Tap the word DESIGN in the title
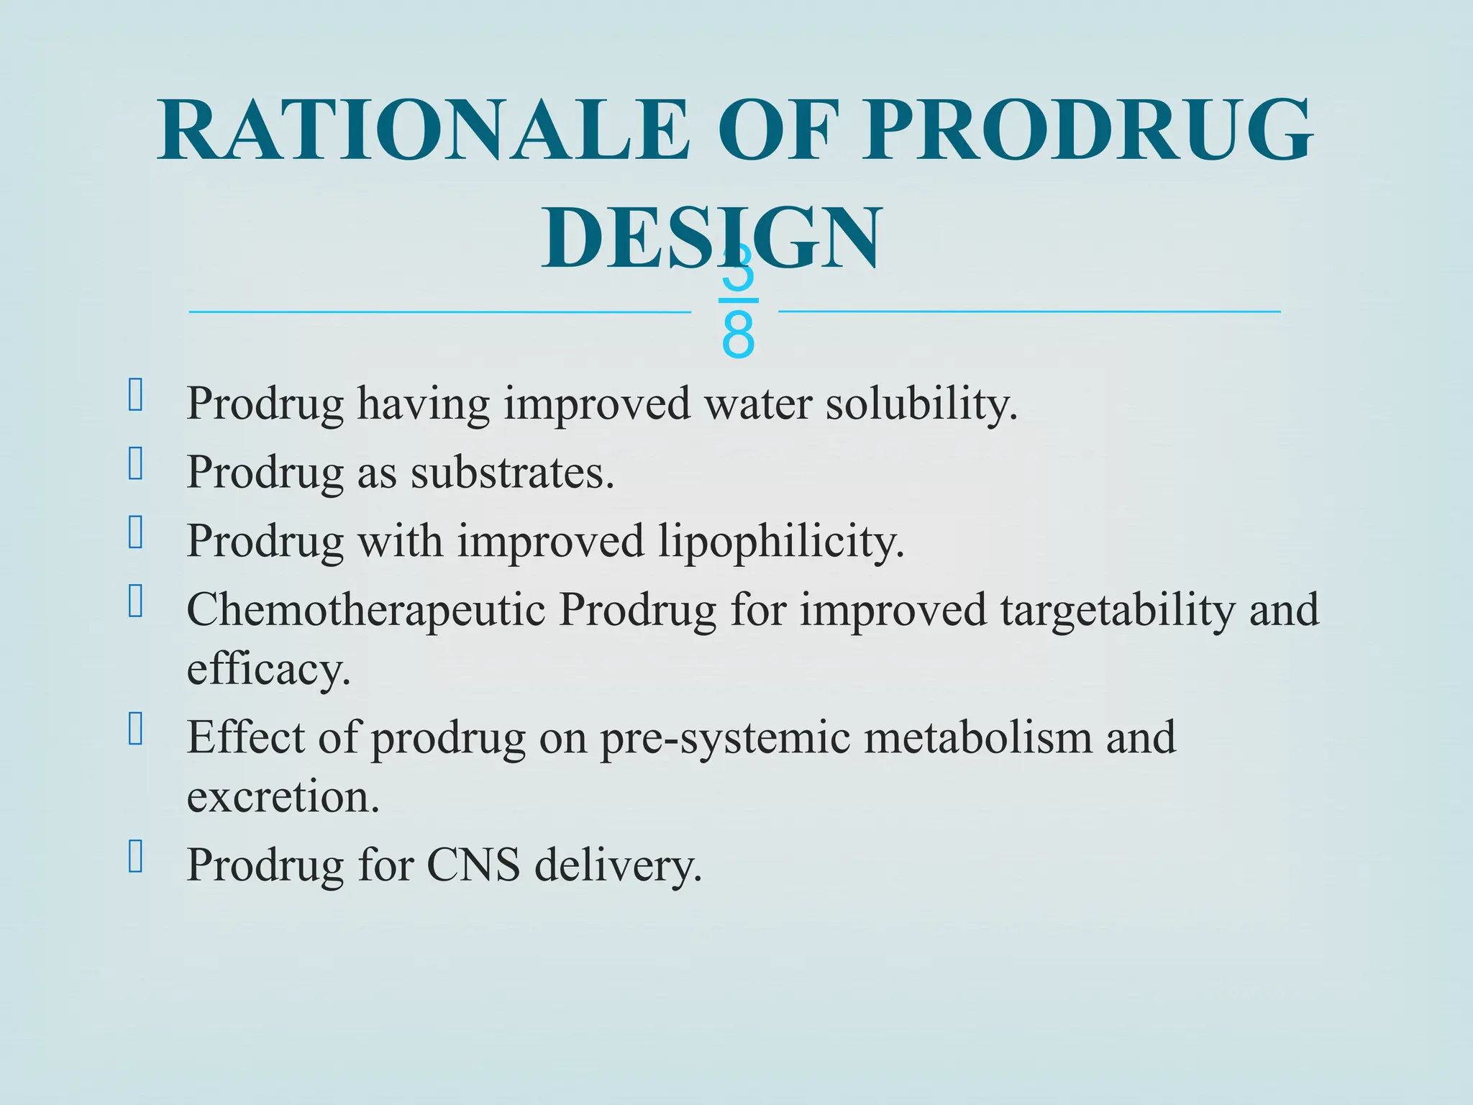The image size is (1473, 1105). (711, 237)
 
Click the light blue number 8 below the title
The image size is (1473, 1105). (738, 336)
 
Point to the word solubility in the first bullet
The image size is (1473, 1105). (921, 404)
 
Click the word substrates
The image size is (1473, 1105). (512, 473)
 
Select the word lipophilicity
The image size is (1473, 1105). (781, 541)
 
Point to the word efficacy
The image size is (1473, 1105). (268, 669)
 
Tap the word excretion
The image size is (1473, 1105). (283, 797)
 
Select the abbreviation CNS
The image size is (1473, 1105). (473, 865)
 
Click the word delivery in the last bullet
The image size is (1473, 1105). (618, 865)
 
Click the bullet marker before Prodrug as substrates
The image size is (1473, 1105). (135, 463)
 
